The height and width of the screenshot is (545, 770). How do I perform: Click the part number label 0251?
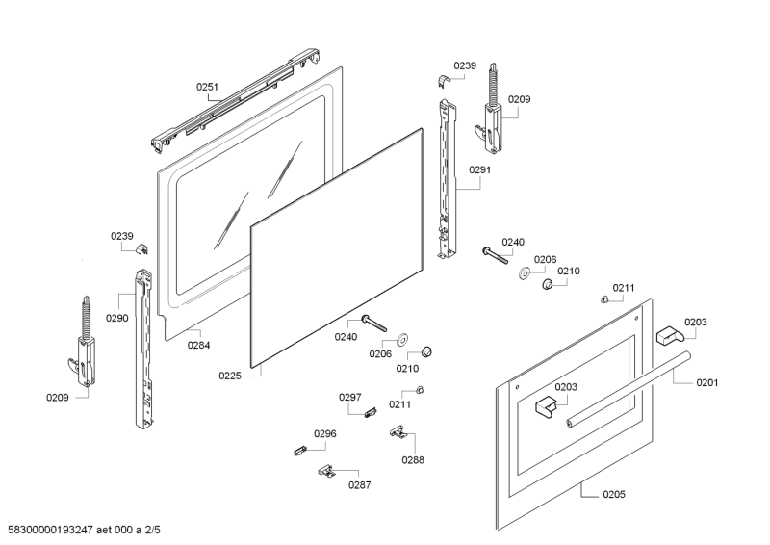click(208, 87)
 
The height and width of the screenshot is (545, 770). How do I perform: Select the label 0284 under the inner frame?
click(199, 345)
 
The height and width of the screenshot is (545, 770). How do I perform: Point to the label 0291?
click(480, 170)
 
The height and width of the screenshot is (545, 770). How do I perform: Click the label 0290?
click(117, 318)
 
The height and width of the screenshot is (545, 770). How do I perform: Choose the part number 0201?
click(707, 382)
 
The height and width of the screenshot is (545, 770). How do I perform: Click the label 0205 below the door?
click(614, 495)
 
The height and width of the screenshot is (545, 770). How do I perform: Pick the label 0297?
click(349, 397)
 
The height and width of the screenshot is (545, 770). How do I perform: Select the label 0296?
click(325, 434)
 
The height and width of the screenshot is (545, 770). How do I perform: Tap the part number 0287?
click(360, 485)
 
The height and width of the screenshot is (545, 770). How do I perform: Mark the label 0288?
click(413, 460)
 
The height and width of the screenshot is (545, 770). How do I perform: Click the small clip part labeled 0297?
click(370, 413)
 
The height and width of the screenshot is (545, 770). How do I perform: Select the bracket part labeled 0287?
click(327, 471)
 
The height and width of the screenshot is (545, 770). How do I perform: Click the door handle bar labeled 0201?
click(630, 390)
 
